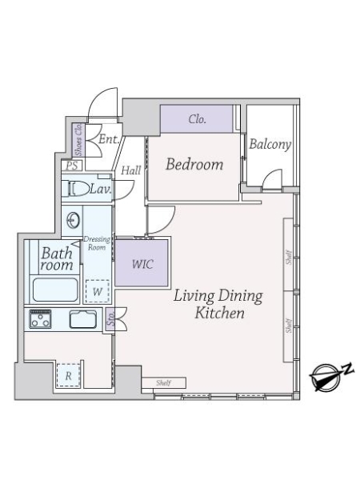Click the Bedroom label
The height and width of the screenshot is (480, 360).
(194, 164)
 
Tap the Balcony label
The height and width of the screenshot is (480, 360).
(270, 144)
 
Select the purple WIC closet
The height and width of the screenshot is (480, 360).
(142, 263)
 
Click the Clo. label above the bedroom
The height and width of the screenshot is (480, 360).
(197, 118)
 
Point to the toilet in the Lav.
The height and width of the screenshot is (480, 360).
(78, 188)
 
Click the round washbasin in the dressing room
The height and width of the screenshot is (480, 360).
(74, 220)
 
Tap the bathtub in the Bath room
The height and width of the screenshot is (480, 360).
(55, 290)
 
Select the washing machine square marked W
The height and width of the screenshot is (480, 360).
(98, 291)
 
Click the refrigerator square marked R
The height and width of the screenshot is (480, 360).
(69, 375)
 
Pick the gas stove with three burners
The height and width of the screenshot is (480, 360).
(40, 319)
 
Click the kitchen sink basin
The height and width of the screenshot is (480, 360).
(83, 319)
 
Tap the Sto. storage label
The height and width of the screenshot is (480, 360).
(110, 319)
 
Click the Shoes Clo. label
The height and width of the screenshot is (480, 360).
(78, 139)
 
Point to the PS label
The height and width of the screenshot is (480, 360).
(72, 166)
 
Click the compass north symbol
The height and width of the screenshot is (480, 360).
(330, 376)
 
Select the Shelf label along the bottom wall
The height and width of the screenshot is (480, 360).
(163, 382)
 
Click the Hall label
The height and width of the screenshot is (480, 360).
(130, 170)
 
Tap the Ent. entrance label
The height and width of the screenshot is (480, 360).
(109, 139)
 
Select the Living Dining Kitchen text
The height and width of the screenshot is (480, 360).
(218, 304)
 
